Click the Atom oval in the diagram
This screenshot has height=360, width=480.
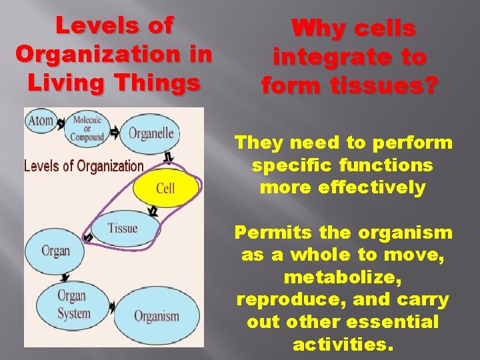coord(41,122)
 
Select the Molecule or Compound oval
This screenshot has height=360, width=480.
coord(88,129)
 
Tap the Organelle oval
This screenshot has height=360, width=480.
coord(151,133)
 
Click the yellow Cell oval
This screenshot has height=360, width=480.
coord(165,187)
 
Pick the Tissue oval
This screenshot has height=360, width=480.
coord(123,228)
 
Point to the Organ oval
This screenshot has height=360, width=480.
coord(55,251)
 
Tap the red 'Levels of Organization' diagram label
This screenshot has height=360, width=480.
coord(83,166)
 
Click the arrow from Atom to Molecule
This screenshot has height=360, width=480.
coord(61,124)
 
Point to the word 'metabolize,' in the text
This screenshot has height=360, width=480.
coord(343,277)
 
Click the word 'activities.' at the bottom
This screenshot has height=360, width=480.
coord(343,345)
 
